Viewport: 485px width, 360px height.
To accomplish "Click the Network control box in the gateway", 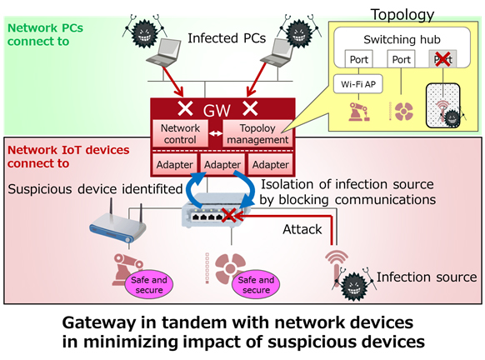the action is pyautogui.click(x=180, y=133).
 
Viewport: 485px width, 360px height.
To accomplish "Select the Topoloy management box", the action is pyautogui.click(x=257, y=133).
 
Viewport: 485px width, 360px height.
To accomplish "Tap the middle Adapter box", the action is pyautogui.click(x=222, y=164).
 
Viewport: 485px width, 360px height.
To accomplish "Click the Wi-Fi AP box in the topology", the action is pyautogui.click(x=358, y=84).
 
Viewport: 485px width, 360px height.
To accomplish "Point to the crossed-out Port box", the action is pyautogui.click(x=443, y=59).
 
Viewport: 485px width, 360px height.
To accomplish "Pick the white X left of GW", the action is pyautogui.click(x=185, y=108).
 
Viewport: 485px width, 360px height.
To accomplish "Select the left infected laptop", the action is pyautogui.click(x=164, y=52).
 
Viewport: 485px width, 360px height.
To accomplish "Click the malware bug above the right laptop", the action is pyautogui.click(x=299, y=32).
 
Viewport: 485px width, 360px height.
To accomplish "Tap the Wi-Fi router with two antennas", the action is pyautogui.click(x=117, y=224).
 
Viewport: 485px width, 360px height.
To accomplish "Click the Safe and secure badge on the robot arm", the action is pyautogui.click(x=149, y=284).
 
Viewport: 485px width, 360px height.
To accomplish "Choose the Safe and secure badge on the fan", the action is pyautogui.click(x=256, y=284).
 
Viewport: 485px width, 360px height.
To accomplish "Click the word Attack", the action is pyautogui.click(x=302, y=229).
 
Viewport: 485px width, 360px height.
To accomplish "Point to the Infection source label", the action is pyautogui.click(x=427, y=277).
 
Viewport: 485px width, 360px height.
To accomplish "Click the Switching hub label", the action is pyautogui.click(x=402, y=40).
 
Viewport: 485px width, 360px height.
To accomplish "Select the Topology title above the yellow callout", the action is pyautogui.click(x=402, y=15).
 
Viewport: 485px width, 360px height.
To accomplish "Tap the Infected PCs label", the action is pyautogui.click(x=227, y=38).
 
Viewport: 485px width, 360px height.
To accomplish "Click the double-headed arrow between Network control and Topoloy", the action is pyautogui.click(x=216, y=133).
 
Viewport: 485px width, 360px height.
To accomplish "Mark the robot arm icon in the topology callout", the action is pyautogui.click(x=358, y=112).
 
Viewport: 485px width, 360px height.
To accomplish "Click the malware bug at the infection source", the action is pyautogui.click(x=354, y=285).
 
